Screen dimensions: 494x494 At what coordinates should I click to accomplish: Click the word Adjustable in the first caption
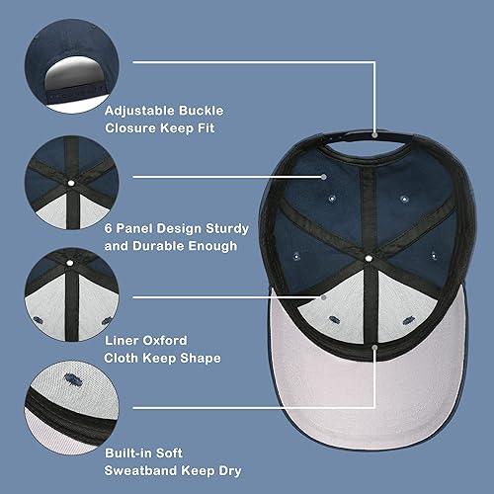[x=146, y=110]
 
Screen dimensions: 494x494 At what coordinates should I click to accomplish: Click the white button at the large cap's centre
[x=368, y=258]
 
